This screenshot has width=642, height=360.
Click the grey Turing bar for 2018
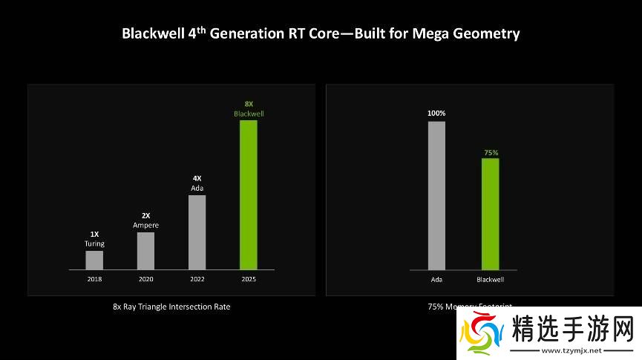point(94,260)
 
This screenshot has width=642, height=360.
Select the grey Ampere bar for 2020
point(145,251)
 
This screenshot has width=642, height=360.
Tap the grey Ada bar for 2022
point(197,232)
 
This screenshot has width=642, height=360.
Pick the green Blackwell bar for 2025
point(248,194)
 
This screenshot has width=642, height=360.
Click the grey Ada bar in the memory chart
point(436,195)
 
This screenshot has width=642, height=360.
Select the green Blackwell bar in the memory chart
point(490,214)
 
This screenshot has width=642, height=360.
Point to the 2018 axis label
point(94,279)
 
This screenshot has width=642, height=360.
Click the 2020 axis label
point(145,279)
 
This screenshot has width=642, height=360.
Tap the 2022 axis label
point(197,279)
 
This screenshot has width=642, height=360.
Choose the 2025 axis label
point(248,279)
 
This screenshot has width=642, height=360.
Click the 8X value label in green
point(249,104)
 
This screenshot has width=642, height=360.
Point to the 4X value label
point(197,178)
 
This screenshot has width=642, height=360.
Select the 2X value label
point(145,215)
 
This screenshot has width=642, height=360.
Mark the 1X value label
point(94,234)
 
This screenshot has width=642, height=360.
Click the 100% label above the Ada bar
point(436,113)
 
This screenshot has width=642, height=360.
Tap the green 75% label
point(491,152)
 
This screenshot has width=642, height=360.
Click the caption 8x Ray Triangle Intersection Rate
point(171,307)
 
